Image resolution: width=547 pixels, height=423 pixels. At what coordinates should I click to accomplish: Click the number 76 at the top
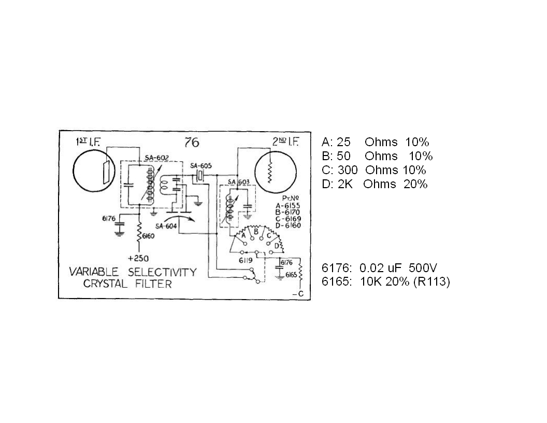point(192,143)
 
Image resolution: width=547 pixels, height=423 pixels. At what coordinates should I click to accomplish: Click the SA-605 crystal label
point(201,165)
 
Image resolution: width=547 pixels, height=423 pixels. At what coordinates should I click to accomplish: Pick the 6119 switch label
point(245,261)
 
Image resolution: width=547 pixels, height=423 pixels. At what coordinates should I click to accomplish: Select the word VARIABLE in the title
point(94,272)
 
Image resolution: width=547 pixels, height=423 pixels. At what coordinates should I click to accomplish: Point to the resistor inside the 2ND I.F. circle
point(269,169)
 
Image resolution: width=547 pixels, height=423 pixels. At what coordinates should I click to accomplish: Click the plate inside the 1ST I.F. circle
point(106,171)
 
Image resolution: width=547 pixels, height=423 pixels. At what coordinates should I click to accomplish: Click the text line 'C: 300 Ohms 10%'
point(373,170)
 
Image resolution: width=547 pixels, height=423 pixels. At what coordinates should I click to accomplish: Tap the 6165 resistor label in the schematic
point(291,275)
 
